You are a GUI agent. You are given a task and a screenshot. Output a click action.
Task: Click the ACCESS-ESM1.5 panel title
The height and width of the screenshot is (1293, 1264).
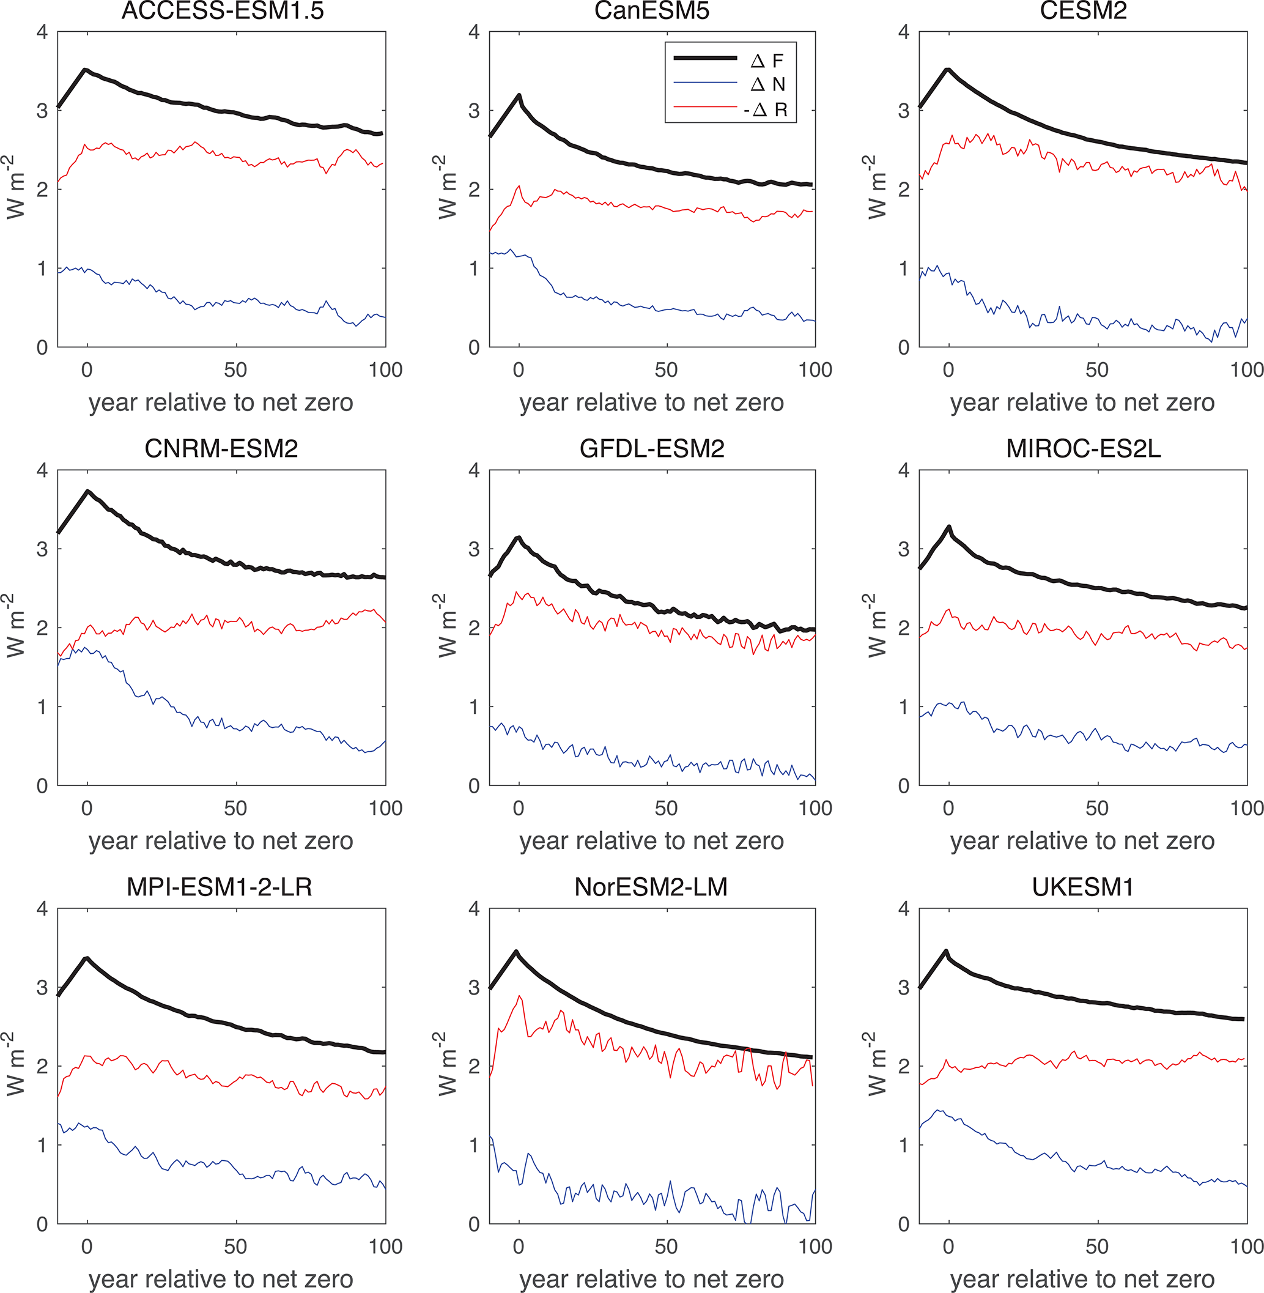coord(222,10)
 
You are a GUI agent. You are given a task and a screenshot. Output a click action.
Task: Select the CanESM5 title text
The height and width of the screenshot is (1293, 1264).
coord(651,10)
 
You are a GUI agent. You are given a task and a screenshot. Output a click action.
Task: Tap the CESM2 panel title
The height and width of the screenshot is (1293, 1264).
coord(1083,10)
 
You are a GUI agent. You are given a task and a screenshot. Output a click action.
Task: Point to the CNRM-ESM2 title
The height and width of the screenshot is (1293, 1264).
coord(221,449)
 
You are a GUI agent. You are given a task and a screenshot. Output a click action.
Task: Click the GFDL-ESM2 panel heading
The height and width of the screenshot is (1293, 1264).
coord(651,449)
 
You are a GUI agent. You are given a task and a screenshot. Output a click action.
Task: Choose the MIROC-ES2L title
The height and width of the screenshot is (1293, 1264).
coord(1083,449)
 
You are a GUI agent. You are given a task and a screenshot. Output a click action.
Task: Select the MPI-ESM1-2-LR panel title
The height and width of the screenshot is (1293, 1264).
coord(219,887)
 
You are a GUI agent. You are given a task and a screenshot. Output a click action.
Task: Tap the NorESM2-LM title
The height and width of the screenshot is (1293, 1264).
coord(651,887)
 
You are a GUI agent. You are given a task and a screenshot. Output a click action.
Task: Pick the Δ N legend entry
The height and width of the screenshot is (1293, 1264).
coord(767,84)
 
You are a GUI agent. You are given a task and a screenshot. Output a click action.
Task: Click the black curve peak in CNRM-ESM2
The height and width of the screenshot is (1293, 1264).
coord(87,491)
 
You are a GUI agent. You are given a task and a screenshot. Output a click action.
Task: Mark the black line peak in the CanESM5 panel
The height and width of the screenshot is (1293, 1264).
coord(519,95)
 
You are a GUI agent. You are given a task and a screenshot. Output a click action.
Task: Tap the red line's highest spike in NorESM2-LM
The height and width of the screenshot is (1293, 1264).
coord(520,996)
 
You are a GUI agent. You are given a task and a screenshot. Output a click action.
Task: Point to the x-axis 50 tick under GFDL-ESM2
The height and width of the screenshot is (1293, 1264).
coord(666,808)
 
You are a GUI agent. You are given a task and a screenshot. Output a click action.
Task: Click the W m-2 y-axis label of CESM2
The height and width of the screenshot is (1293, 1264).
coord(876,188)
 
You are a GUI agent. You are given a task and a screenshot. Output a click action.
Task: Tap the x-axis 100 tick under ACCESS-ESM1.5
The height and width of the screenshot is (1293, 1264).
coord(385,370)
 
